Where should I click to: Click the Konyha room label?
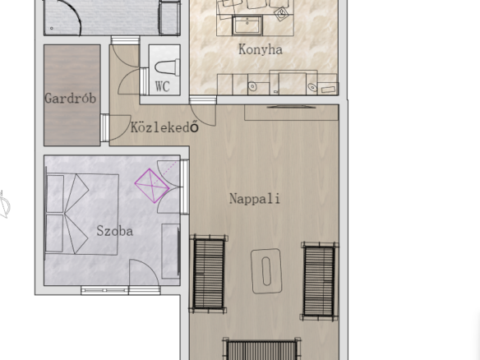point(261,49)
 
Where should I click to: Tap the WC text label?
point(162,86)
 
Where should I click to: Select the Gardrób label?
point(71,99)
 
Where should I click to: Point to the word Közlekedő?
point(164,127)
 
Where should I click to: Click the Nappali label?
point(255,199)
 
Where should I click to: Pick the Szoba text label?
point(115,231)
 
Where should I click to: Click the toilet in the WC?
point(167,67)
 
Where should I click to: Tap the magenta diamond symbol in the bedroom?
point(152,186)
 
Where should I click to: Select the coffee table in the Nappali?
point(266,271)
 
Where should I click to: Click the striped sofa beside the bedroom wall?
point(209,274)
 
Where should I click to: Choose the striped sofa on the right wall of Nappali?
point(319,281)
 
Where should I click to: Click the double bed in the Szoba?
point(82,215)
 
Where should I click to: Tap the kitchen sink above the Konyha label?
point(247,25)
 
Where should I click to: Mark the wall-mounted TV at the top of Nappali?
point(291,107)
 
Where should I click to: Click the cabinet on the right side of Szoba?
point(171,251)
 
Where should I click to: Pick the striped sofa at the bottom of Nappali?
point(261,349)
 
